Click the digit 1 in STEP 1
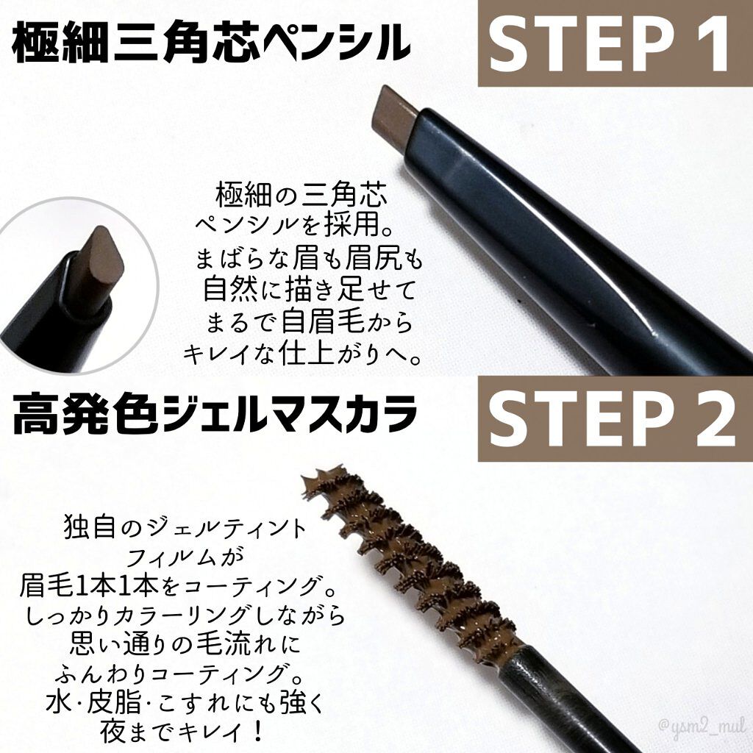(x=711, y=43)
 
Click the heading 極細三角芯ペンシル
(x=211, y=44)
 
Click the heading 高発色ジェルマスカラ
(x=214, y=414)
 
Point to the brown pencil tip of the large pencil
(x=395, y=119)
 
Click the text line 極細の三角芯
(x=301, y=197)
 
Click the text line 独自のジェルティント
(x=185, y=529)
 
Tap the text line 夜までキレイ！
(x=182, y=732)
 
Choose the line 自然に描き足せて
(x=310, y=291)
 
